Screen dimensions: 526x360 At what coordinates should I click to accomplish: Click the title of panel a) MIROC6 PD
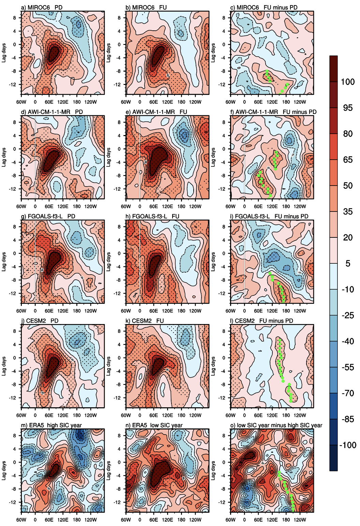(42, 7)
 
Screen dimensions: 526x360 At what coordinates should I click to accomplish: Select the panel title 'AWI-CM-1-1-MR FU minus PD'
(273, 112)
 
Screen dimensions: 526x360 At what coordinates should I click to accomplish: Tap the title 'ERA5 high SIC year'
(51, 425)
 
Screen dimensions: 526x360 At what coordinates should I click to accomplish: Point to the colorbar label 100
(348, 82)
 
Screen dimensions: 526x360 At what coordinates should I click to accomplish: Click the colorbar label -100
(348, 445)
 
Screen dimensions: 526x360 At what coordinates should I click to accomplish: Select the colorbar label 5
(348, 263)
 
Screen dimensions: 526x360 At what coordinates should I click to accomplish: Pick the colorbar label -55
(348, 367)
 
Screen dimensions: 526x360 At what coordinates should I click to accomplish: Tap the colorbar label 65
(348, 160)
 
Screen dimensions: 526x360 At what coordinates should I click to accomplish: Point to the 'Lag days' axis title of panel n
(108, 471)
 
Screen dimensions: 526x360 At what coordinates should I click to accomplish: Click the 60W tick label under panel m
(21, 520)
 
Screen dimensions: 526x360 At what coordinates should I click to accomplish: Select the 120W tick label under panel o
(300, 520)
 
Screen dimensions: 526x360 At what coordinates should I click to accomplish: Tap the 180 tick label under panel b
(181, 102)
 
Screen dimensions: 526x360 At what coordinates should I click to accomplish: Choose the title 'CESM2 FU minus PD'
(261, 321)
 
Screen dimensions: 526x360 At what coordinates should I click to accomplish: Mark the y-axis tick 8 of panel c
(224, 18)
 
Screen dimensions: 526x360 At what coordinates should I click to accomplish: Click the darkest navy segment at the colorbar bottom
(333, 458)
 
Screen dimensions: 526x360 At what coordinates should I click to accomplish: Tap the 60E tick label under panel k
(153, 415)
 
